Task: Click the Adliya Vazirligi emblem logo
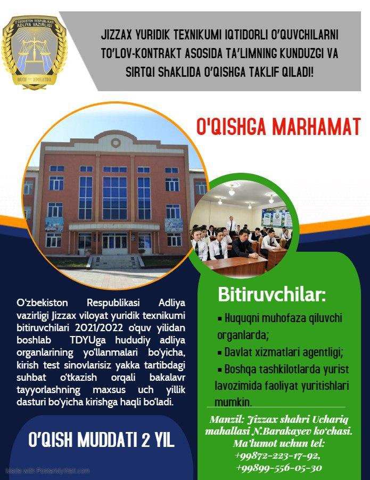pos(34,52)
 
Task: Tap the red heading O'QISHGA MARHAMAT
pos(278,126)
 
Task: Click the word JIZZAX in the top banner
pos(116,35)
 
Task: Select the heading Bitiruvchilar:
pos(272,294)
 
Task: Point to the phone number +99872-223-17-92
pos(277,456)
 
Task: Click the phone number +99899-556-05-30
pos(279,468)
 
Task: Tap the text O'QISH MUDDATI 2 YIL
pos(101,440)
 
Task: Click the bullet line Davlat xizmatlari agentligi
pos(281,352)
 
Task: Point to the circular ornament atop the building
pos(116,142)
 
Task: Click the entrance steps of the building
pos(116,262)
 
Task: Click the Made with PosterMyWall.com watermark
pos(48,470)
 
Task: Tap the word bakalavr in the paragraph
pos(167,377)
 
